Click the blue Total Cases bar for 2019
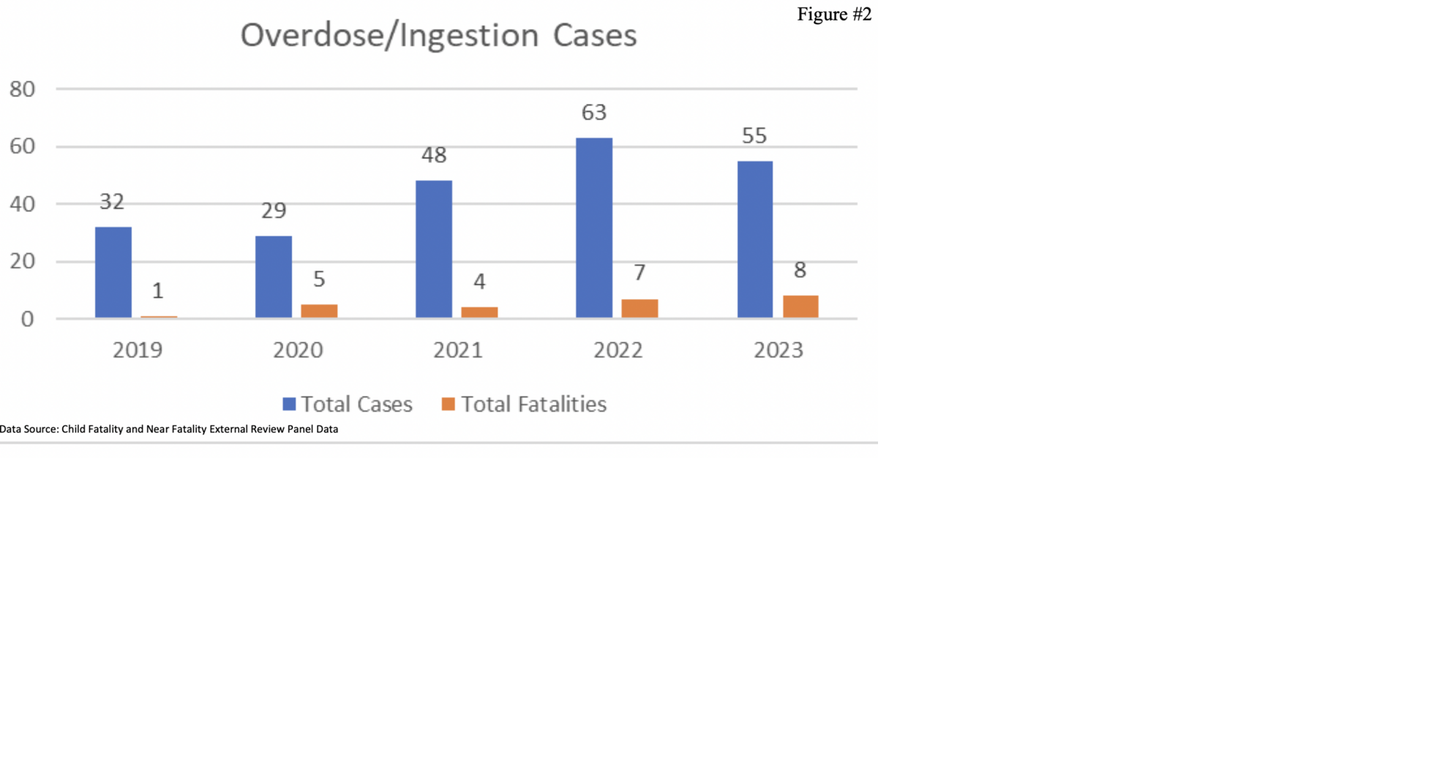(x=113, y=272)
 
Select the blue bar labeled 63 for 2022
(x=594, y=227)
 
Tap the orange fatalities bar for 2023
(x=800, y=306)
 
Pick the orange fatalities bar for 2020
(x=319, y=311)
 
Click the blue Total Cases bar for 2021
(x=434, y=249)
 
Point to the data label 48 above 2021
(x=434, y=155)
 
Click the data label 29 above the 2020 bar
(x=274, y=211)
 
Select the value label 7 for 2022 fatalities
(x=639, y=273)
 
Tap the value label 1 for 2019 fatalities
(x=157, y=291)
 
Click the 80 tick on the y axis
(x=23, y=89)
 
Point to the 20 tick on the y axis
(x=23, y=261)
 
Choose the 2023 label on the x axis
(x=779, y=350)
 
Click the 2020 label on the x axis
(x=298, y=350)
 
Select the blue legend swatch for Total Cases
(x=289, y=404)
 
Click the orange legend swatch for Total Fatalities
(x=449, y=404)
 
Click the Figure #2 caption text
(x=834, y=15)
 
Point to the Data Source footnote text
(x=169, y=429)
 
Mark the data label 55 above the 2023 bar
(x=754, y=136)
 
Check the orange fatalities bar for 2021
(x=479, y=312)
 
